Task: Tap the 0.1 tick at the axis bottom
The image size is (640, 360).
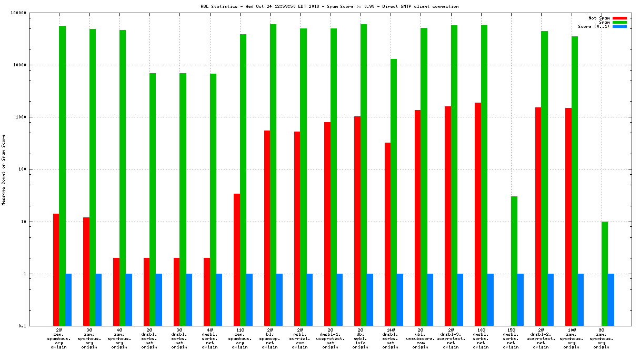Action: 37,326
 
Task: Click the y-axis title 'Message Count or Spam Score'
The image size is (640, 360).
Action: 4,169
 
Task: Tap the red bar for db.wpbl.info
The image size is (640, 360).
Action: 357,221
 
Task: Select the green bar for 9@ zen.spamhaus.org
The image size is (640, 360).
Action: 605,274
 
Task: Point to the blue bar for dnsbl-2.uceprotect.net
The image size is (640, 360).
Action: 551,299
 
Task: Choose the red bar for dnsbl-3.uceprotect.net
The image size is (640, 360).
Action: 448,216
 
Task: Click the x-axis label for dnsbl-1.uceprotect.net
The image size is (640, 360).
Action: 330,339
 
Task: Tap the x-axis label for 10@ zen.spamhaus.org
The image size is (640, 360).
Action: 571,339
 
